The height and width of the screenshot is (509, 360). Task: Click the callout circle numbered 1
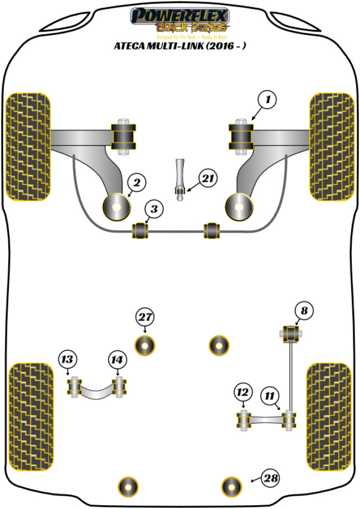(x=267, y=100)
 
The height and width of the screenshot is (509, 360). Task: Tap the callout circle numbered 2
(x=137, y=181)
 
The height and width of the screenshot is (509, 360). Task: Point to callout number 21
(x=208, y=178)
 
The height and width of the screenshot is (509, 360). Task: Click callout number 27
(x=145, y=317)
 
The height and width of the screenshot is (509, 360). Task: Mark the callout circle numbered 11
(x=270, y=395)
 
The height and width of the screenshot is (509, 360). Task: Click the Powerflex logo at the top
(x=179, y=20)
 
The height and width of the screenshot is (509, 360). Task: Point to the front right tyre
(x=331, y=146)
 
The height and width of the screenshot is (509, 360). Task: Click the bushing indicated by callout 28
(x=232, y=487)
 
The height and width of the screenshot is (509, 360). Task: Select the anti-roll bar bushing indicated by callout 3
(x=141, y=230)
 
